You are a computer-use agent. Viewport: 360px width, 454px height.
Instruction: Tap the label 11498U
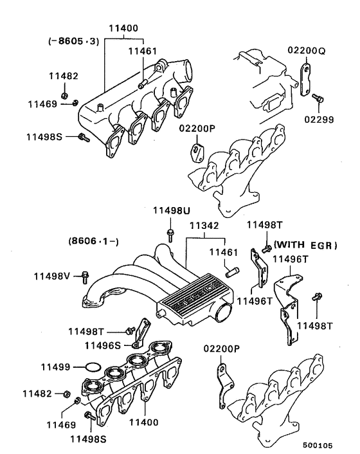[170, 212]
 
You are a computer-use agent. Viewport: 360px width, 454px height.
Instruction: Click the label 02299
[320, 119]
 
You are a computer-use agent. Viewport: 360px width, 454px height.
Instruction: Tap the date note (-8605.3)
[71, 42]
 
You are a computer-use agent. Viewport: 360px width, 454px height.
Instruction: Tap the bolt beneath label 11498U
[170, 233]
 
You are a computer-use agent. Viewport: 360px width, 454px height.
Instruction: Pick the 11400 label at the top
[125, 29]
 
